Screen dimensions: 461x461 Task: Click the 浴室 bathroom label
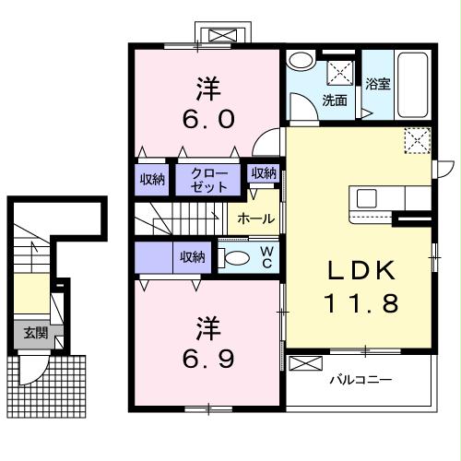point(378,84)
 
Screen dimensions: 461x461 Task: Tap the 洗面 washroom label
point(335,100)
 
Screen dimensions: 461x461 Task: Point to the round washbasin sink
point(301,60)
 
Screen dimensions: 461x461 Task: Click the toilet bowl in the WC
point(234,257)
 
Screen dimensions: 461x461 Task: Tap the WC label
point(266,257)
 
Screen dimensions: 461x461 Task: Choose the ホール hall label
point(256,219)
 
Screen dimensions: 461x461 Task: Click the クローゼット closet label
point(209,180)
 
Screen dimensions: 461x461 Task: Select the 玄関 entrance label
point(36,332)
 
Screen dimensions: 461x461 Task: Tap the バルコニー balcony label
point(361,380)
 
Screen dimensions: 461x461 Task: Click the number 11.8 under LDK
point(361,303)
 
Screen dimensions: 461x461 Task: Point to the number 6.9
point(208,359)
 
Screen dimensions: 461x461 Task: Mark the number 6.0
point(208,119)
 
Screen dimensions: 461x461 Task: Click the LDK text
point(361,270)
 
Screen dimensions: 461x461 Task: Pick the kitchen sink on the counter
point(367,198)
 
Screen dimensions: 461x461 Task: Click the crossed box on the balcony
point(306,363)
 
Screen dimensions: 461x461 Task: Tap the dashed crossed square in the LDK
point(417,140)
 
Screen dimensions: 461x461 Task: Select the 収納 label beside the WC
point(193,257)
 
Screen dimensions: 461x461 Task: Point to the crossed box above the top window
point(224,35)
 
